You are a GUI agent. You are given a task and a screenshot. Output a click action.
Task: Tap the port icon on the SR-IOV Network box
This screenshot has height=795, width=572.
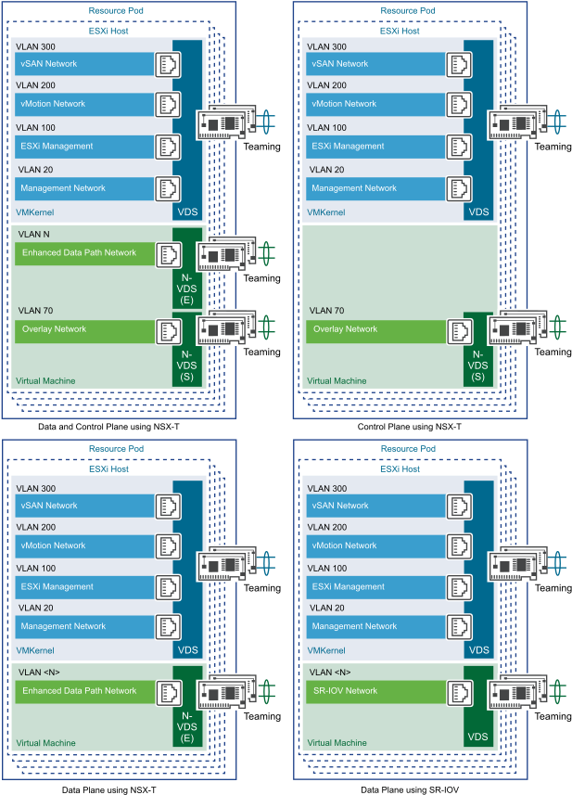point(459,691)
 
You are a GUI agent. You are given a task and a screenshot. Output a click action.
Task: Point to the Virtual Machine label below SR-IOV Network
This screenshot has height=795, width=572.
point(337,743)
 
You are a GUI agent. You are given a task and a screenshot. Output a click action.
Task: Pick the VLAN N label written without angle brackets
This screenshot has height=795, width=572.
point(33,234)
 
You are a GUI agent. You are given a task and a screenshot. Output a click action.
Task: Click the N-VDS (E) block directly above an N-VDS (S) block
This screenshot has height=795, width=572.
point(186,279)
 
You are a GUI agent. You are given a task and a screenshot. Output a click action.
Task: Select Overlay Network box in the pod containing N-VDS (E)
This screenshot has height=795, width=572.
point(83,329)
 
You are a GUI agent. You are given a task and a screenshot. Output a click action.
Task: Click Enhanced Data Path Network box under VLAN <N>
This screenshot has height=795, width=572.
point(83,691)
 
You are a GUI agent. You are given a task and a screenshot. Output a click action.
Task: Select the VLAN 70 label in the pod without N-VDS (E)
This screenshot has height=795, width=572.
point(326,311)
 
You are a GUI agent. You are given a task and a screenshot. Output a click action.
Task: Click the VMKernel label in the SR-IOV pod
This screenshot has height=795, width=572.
point(326,650)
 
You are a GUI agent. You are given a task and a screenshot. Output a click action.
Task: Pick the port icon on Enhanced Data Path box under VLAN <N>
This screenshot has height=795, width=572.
point(168,691)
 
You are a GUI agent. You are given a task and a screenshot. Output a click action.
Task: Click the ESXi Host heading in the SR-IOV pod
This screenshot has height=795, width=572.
point(400,469)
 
